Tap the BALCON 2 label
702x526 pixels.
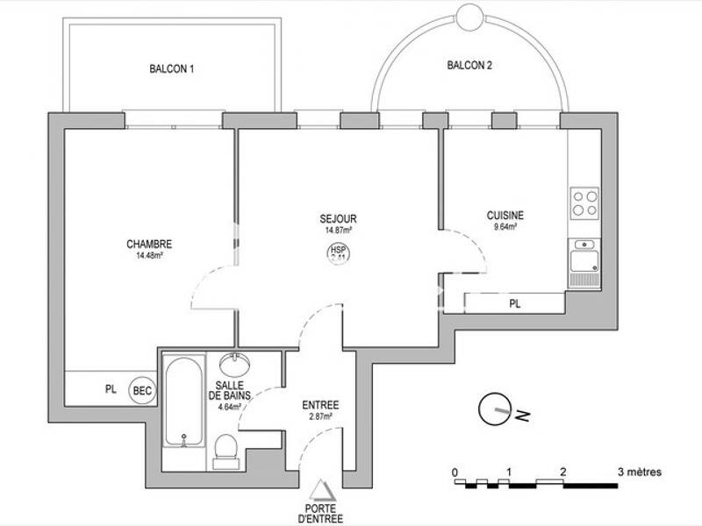tap(469, 65)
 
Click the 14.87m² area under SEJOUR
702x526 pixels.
tap(338, 231)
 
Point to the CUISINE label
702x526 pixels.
tap(505, 215)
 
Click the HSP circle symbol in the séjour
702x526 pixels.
tap(338, 253)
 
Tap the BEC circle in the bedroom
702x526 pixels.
tap(140, 389)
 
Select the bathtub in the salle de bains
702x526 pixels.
tap(183, 401)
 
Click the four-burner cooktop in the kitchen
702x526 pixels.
tap(584, 204)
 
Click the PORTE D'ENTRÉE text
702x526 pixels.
tap(325, 512)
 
